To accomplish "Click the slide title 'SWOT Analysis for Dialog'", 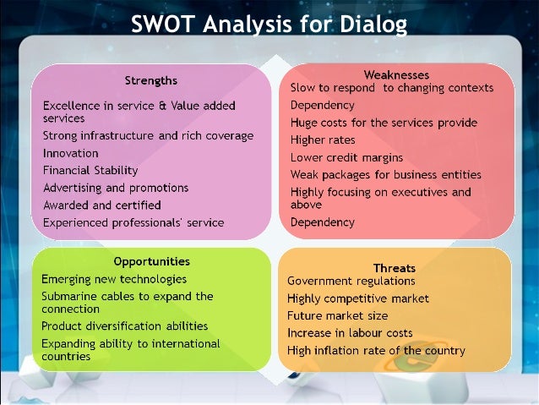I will coord(269,25).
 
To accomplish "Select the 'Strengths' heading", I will coord(150,80).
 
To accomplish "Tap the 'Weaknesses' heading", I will coord(396,74).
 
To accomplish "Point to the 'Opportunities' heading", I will coord(151,261).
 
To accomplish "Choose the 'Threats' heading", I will coord(395,268).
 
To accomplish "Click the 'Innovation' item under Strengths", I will coord(70,153).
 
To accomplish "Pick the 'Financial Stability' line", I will coord(90,171).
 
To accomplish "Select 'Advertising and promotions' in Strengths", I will coord(115,188).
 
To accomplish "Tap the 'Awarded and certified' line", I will coord(101,205).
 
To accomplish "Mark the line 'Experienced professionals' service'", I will coord(133,222).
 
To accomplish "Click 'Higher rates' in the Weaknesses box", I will coord(323,140).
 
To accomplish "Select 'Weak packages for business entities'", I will coord(385,174).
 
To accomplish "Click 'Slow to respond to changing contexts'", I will coord(391,88).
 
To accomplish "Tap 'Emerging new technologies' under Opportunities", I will coord(114,278).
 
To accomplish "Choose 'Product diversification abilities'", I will coord(124,326).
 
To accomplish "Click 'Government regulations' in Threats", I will coord(351,281).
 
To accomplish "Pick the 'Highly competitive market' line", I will coord(357,298).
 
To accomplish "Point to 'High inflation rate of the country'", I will coord(376,351).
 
